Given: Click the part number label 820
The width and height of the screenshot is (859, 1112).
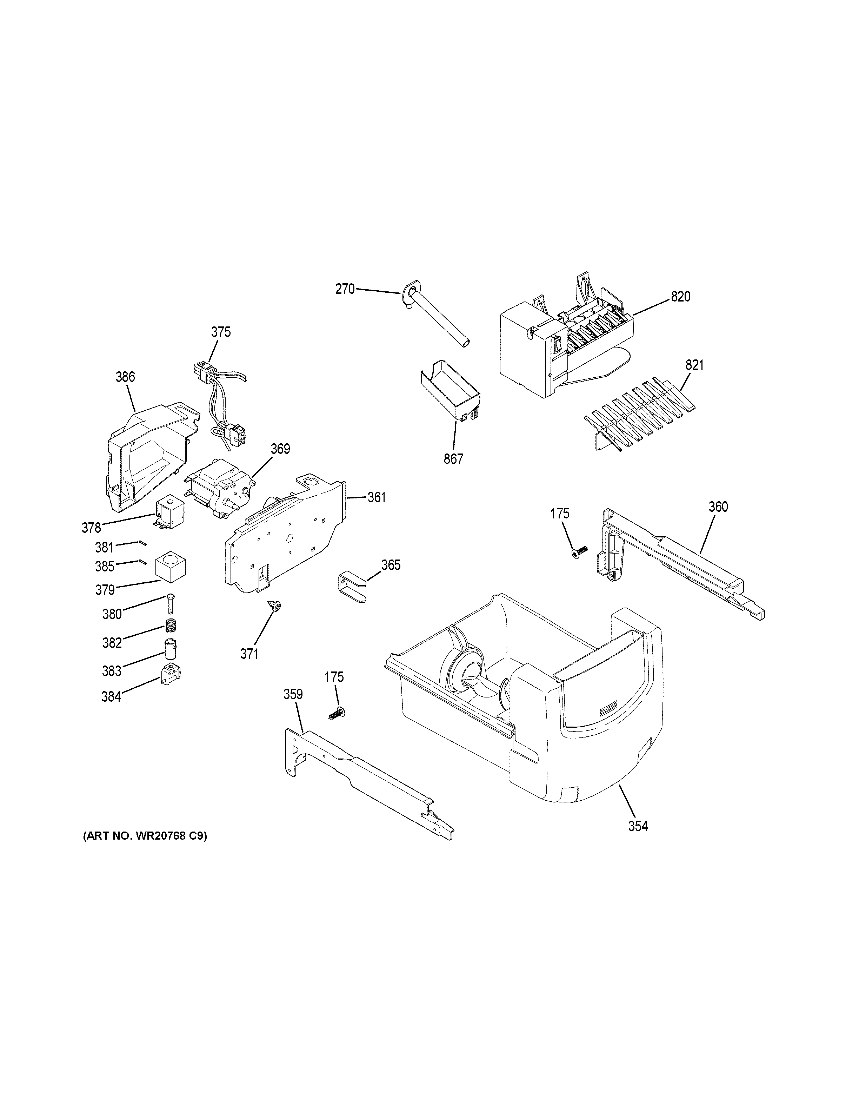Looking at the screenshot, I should point(680,296).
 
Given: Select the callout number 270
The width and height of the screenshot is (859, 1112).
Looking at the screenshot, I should point(345,289).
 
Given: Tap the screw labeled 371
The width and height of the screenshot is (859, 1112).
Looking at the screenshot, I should point(276,606).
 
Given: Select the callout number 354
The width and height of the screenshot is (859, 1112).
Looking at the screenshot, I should point(638,826).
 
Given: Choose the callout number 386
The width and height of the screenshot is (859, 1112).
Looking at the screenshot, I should point(125,377).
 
